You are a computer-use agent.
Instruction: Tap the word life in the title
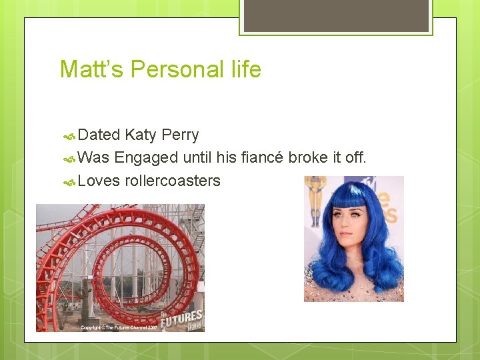point(245,69)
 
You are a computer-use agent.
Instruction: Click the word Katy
point(140,135)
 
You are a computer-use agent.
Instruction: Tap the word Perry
point(180,135)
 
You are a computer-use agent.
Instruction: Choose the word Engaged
point(146,158)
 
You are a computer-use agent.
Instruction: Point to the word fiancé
point(261,158)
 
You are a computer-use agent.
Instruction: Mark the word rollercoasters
point(173,181)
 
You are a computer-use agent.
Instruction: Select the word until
point(201,158)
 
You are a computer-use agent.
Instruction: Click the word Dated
point(99,135)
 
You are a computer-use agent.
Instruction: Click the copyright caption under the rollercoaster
point(119,327)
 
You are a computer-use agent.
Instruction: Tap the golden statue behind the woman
point(315,200)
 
